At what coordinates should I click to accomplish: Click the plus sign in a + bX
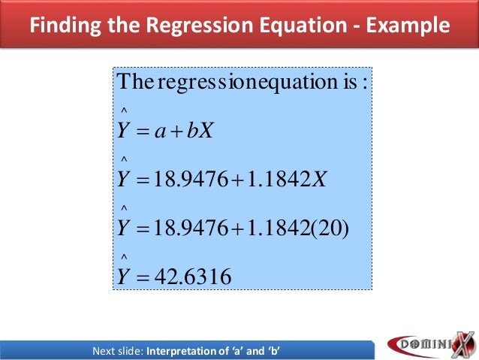coord(180,132)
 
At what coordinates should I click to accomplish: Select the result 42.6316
coord(191,277)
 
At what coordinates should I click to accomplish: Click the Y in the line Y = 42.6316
coord(123,277)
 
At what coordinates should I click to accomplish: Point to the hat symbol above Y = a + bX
coord(123,113)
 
